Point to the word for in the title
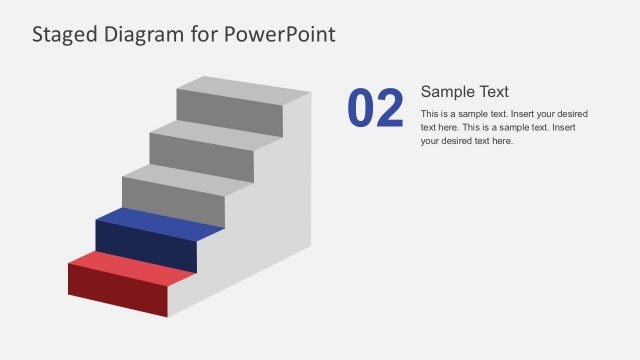[208, 35]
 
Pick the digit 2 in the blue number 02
[390, 109]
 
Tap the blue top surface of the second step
[160, 222]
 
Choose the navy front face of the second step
[145, 247]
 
